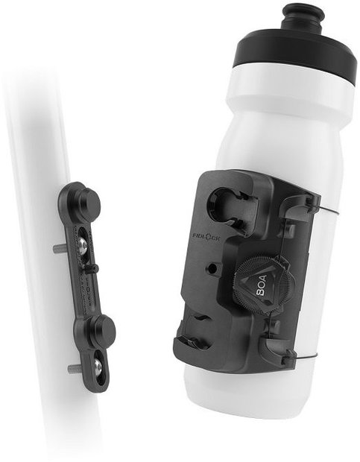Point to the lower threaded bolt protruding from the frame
coord(72,369)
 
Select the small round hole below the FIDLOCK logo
coord(214,266)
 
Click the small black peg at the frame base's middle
coord(93,268)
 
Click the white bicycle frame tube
coord(37,149)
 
